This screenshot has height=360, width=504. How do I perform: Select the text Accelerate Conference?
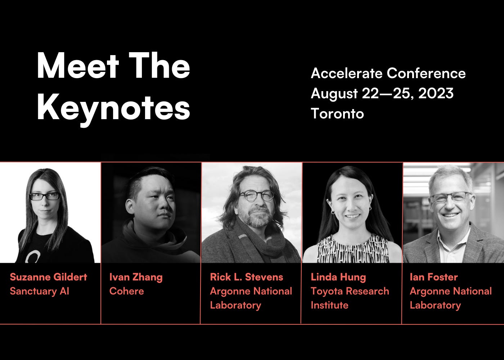(x=388, y=73)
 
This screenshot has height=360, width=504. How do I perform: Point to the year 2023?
(x=436, y=94)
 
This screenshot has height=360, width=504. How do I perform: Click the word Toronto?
(x=337, y=114)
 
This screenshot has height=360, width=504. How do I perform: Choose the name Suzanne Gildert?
(x=49, y=277)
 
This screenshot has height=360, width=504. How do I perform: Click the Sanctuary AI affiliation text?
(x=40, y=291)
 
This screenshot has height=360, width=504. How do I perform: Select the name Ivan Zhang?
(x=136, y=277)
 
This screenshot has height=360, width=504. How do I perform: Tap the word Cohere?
(x=126, y=291)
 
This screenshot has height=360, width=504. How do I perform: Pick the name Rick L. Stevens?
(x=246, y=277)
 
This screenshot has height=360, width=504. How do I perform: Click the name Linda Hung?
(x=338, y=277)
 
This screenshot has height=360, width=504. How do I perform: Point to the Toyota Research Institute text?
(x=350, y=298)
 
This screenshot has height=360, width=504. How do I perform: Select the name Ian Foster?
(x=433, y=277)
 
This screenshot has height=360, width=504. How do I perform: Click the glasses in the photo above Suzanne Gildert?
(x=44, y=196)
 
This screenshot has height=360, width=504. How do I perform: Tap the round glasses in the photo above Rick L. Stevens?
(x=256, y=195)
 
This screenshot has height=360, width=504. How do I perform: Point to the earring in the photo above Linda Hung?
(x=332, y=212)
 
